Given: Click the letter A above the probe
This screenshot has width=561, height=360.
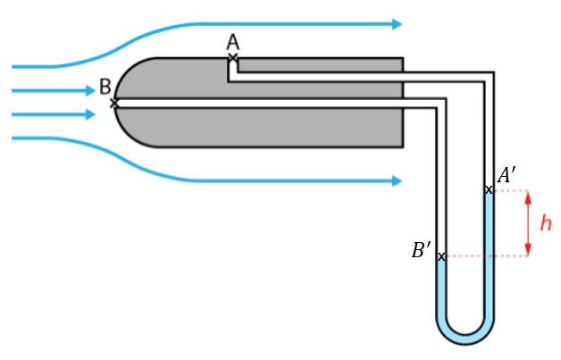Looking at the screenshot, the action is click(232, 42).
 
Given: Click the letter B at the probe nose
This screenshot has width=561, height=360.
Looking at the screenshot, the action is click(105, 87).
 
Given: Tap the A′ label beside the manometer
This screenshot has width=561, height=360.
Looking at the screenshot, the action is click(507, 175).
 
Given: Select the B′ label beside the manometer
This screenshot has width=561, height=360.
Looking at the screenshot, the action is click(422, 250).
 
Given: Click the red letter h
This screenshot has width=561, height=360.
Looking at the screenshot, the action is click(546, 223).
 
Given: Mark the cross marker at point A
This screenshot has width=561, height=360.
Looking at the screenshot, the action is click(233, 57).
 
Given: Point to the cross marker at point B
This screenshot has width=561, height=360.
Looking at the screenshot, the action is click(114, 104).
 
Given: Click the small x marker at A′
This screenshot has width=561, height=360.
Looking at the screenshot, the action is click(489, 190).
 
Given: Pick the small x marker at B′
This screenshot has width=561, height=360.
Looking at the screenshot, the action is click(441, 256).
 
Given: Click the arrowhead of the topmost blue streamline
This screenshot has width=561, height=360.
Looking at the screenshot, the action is click(398, 24).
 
